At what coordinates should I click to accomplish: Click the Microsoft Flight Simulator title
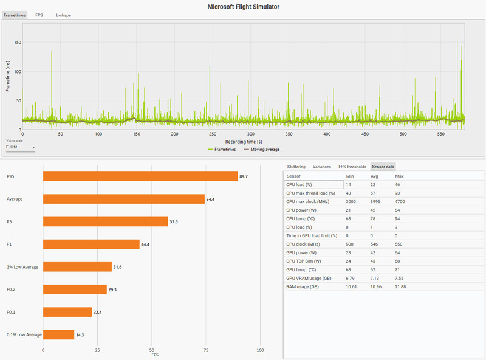click(x=243, y=6)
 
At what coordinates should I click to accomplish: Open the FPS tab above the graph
click(x=39, y=15)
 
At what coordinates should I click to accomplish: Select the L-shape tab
click(x=63, y=15)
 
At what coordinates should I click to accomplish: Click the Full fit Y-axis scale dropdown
click(x=21, y=147)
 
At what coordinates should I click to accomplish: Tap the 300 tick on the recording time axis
click(x=251, y=134)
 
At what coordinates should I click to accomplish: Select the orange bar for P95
click(x=140, y=176)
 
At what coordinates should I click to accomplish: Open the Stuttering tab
click(x=296, y=166)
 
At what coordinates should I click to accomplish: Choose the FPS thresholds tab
click(x=352, y=166)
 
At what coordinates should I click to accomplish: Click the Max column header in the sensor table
click(x=399, y=176)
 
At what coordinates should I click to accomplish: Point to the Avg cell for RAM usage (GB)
click(x=377, y=286)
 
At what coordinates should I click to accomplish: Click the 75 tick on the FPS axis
click(x=206, y=350)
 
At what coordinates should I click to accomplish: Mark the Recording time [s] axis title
click(x=243, y=141)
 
